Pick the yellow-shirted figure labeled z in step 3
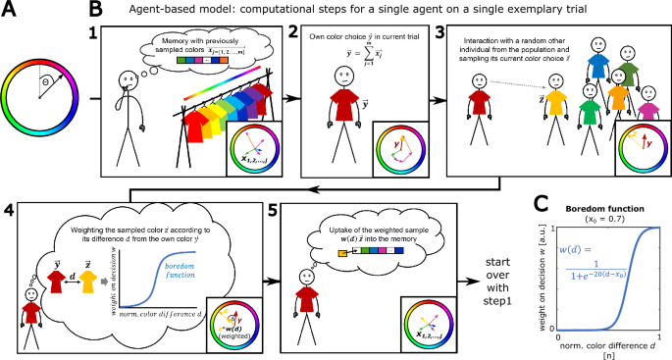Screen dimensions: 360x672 pos(555,108)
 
